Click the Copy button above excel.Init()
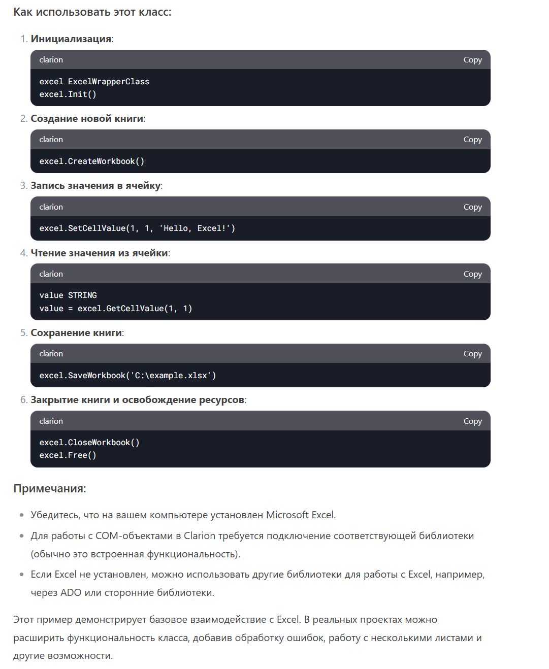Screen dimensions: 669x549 472,60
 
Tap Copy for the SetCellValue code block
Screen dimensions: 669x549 472,207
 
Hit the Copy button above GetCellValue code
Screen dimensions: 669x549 472,274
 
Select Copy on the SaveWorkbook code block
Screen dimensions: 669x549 472,354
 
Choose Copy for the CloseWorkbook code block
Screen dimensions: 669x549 472,421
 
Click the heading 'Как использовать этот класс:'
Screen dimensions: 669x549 92,12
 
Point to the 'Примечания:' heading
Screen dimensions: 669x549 50,489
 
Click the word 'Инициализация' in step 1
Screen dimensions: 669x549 71,39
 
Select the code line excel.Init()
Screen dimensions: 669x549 68,94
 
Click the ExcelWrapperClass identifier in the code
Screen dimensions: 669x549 109,82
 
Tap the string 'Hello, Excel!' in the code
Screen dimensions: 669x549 195,228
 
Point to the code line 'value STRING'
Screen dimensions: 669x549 68,295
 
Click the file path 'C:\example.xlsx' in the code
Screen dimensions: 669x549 173,376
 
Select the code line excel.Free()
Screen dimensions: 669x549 68,455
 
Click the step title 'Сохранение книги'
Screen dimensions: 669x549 76,333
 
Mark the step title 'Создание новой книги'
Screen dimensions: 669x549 87,119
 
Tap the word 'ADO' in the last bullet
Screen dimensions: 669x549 71,592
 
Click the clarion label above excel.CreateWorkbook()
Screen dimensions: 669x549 51,140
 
